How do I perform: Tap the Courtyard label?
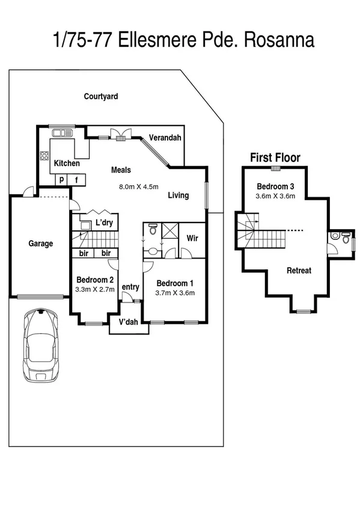tap(100, 96)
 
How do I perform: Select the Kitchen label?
tap(67, 163)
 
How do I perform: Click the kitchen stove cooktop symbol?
tap(44, 156)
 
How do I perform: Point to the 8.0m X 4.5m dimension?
tap(139, 186)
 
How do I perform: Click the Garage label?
tap(41, 244)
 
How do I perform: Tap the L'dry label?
tap(104, 223)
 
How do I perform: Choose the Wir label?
tap(192, 238)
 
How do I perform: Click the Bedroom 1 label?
tap(175, 283)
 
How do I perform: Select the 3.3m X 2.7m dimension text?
tap(94, 289)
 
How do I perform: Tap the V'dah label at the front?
tap(129, 322)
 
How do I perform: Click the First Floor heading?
tap(275, 158)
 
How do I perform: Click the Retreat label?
tap(299, 271)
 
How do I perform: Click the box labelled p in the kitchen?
tap(61, 179)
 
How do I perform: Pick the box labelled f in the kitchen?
tap(76, 179)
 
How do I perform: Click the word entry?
tap(130, 287)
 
